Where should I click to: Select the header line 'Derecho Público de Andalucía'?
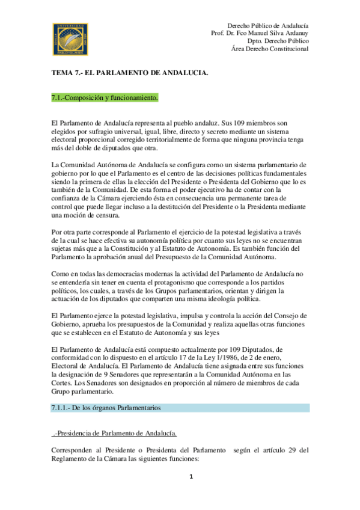click(x=268, y=25)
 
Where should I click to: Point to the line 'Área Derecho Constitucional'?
click(x=270, y=49)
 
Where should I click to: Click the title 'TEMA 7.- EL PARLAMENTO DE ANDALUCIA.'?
click(x=129, y=73)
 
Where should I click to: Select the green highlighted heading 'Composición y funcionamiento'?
click(x=107, y=97)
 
